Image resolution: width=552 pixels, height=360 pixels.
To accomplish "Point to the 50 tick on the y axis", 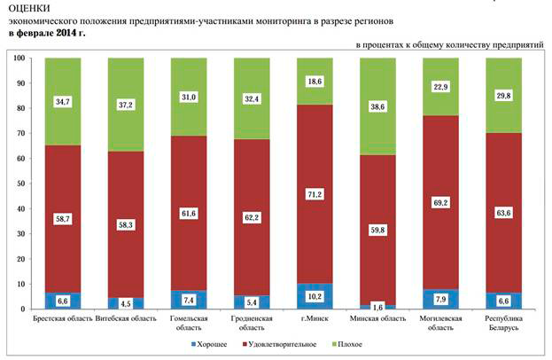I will (20, 184).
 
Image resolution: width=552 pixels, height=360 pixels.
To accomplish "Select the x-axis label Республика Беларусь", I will (503, 322).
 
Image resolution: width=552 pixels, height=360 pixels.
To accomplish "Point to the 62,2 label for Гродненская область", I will (252, 214).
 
